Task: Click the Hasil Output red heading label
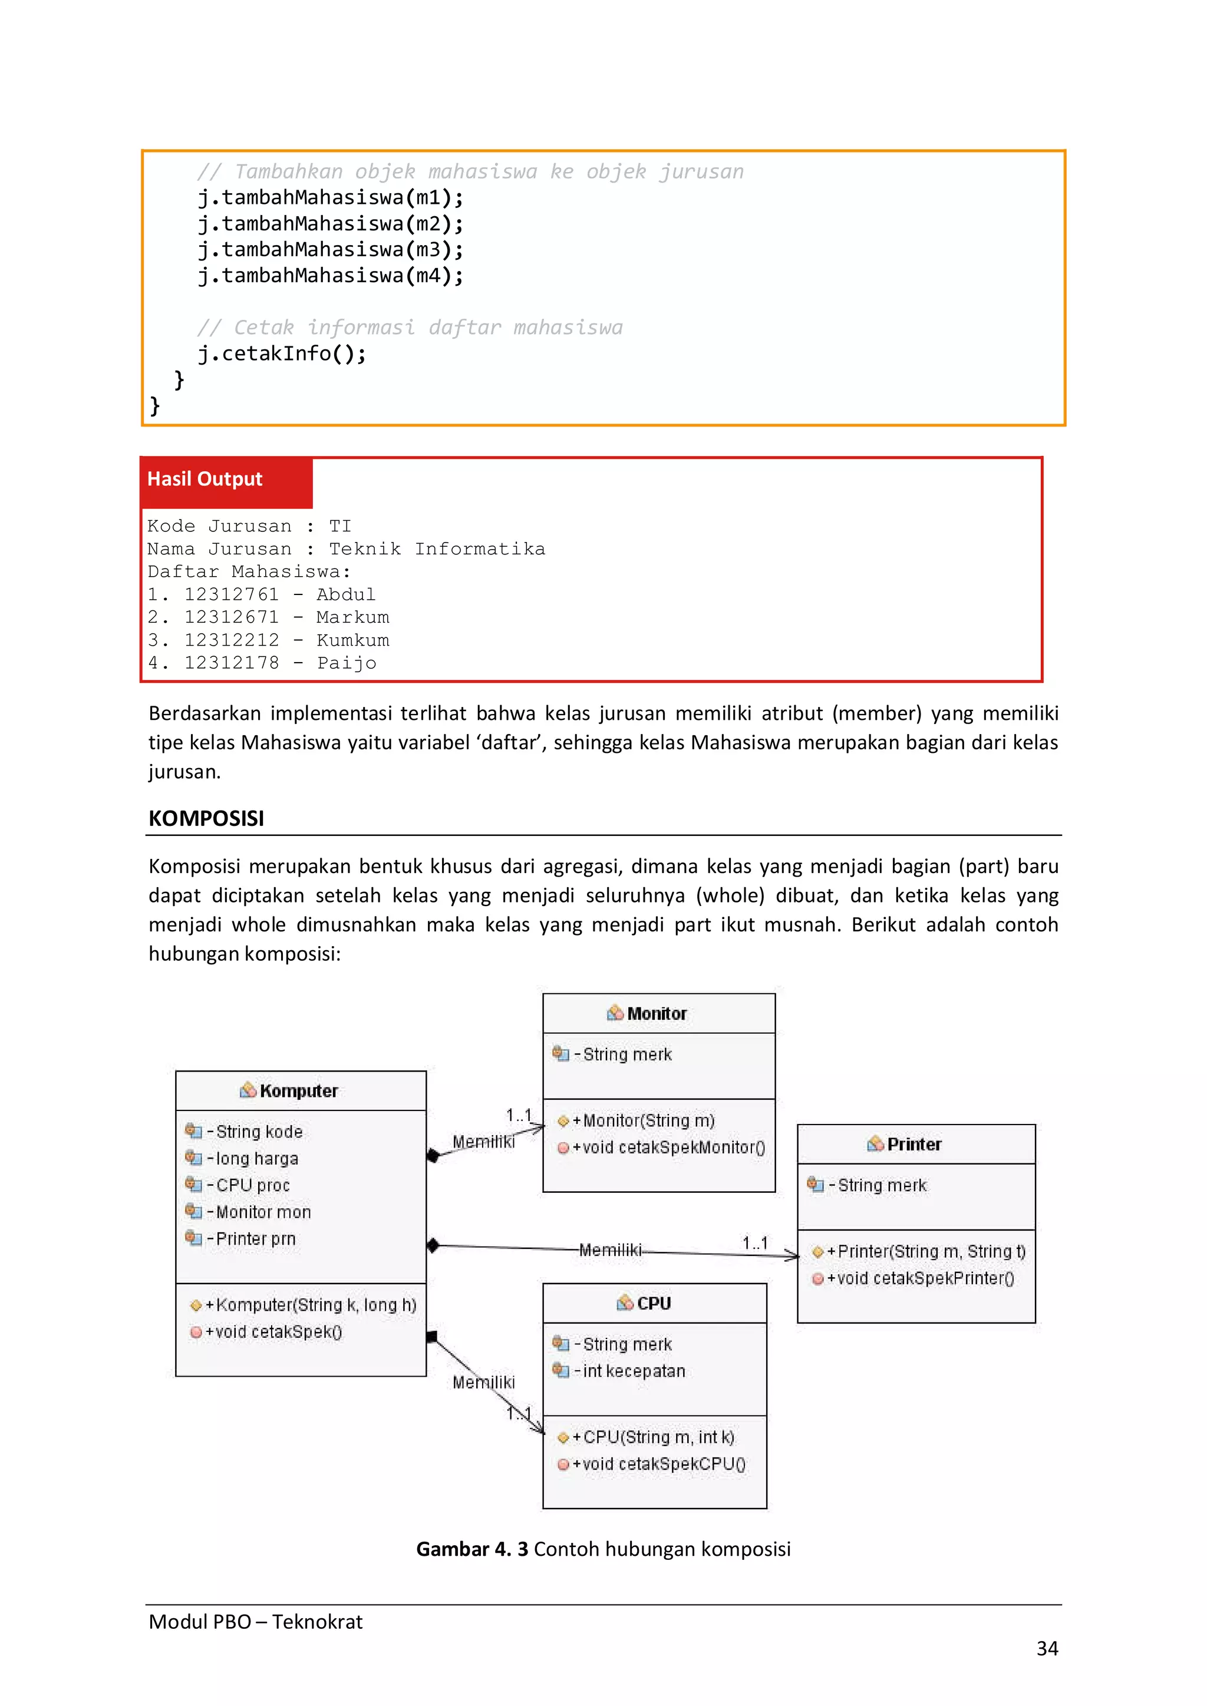pyautogui.click(x=205, y=480)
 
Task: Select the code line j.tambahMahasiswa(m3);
pyautogui.click(x=330, y=250)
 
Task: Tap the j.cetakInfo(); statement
pyautogui.click(x=282, y=353)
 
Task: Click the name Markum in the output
pyautogui.click(x=352, y=617)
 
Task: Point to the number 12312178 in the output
pyautogui.click(x=231, y=663)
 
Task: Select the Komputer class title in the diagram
pyautogui.click(x=298, y=1091)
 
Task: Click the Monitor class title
pyautogui.click(x=657, y=1013)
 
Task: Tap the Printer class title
pyautogui.click(x=914, y=1144)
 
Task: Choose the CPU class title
pyautogui.click(x=653, y=1303)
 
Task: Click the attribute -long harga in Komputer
pyautogui.click(x=256, y=1158)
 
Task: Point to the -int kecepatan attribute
pyautogui.click(x=633, y=1371)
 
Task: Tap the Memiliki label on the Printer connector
pyautogui.click(x=609, y=1250)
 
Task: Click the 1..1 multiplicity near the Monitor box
pyautogui.click(x=519, y=1115)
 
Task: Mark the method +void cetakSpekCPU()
pyautogui.click(x=658, y=1464)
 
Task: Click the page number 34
pyautogui.click(x=1047, y=1649)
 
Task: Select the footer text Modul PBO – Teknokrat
pyautogui.click(x=256, y=1621)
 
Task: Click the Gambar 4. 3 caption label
pyautogui.click(x=472, y=1549)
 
